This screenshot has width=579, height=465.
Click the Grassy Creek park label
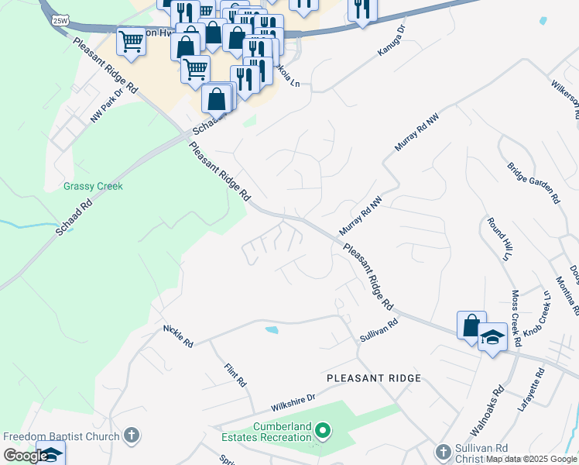pyautogui.click(x=93, y=186)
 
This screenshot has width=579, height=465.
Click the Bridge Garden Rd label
pyautogui.click(x=533, y=183)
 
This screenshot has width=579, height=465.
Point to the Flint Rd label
pyautogui.click(x=235, y=376)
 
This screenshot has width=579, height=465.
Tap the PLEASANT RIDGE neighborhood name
pyautogui.click(x=374, y=378)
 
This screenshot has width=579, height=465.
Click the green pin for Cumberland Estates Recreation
pyautogui.click(x=324, y=429)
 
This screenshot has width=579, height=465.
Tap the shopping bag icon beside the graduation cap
pyautogui.click(x=471, y=326)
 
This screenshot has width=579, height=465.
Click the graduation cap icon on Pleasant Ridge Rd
pyautogui.click(x=492, y=338)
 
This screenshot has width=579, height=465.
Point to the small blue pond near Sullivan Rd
pyautogui.click(x=271, y=330)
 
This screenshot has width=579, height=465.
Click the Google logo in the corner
pyautogui.click(x=26, y=456)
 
